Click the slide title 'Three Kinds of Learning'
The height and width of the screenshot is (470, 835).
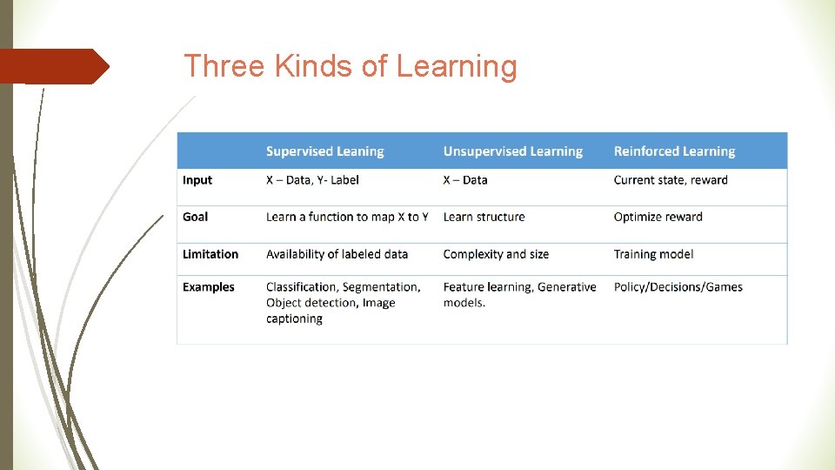pos(350,66)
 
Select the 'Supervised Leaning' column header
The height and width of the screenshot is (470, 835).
pos(324,151)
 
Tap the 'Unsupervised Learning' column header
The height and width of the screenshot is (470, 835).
pos(512,151)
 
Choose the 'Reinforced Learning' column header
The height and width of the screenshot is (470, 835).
pos(674,151)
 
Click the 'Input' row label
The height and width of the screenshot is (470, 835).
pos(197,180)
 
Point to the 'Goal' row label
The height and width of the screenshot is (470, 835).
pos(196,217)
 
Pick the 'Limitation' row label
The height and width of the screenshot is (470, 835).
pos(210,254)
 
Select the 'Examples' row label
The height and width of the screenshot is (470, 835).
pos(209,287)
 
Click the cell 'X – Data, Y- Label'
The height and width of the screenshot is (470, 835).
pos(312,180)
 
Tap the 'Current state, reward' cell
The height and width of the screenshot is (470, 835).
pos(671,180)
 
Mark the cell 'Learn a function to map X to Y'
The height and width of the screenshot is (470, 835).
pos(347,217)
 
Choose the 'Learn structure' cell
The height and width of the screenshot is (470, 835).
pos(484,217)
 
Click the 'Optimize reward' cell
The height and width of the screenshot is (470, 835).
pos(658,217)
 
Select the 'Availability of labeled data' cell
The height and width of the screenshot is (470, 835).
pos(337,254)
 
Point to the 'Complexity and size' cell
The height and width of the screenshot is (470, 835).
pos(496,254)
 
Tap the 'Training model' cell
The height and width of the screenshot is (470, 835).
pos(653,254)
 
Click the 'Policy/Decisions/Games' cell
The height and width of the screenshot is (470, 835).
pos(678,287)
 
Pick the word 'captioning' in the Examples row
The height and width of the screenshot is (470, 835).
pos(294,319)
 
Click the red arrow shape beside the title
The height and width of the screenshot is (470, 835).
pos(54,66)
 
